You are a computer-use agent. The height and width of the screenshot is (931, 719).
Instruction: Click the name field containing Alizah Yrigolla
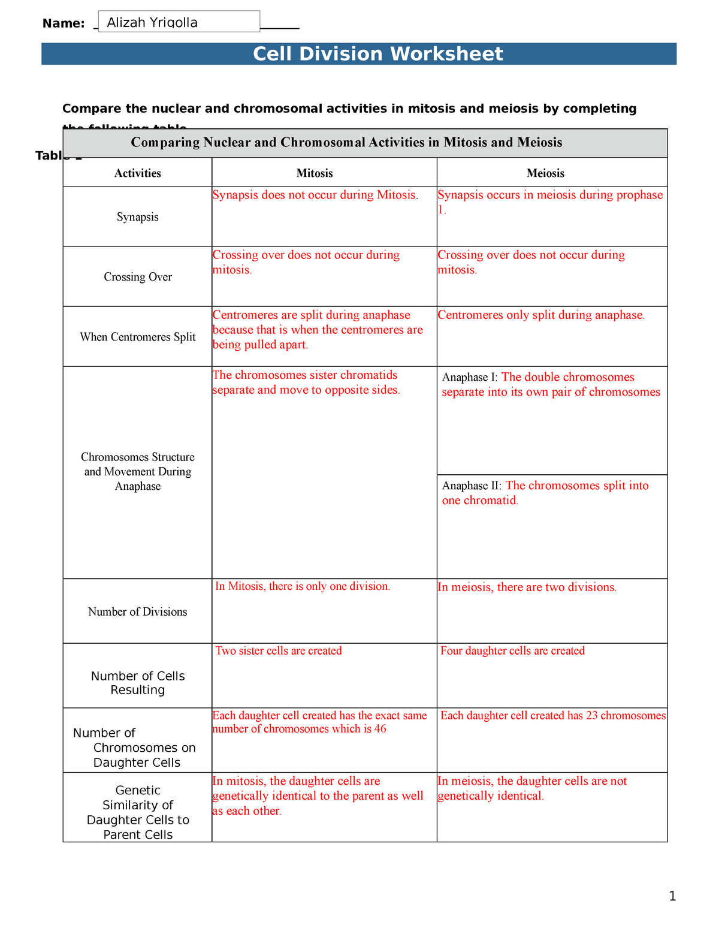[x=179, y=22]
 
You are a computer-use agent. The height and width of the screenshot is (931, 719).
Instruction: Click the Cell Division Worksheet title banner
[x=377, y=54]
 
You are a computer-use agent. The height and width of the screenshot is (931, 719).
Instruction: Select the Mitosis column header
[x=315, y=173]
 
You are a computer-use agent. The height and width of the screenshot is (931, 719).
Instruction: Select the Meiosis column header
[x=545, y=173]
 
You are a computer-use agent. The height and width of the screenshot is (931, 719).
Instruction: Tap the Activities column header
[x=138, y=173]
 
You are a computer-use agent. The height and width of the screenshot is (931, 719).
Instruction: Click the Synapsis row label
[x=138, y=217]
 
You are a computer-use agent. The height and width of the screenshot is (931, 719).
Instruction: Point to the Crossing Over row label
[x=138, y=277]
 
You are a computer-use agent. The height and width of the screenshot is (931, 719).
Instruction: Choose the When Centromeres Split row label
[x=138, y=337]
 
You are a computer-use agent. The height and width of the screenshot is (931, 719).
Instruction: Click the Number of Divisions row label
[x=138, y=611]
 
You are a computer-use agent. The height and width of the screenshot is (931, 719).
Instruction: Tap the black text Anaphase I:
[x=470, y=378]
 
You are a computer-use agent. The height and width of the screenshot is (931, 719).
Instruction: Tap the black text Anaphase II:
[x=472, y=486]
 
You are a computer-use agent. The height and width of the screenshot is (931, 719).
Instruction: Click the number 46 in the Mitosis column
[x=380, y=729]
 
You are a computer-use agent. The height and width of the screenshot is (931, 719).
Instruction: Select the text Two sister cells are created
[x=279, y=651]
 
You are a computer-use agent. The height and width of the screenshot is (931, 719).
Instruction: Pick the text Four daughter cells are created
[x=512, y=651]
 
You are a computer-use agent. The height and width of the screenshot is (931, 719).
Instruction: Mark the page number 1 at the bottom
[x=672, y=897]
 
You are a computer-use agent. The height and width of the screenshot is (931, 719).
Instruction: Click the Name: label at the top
[x=64, y=23]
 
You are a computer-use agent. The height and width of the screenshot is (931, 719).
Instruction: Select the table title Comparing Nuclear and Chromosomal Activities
[x=346, y=143]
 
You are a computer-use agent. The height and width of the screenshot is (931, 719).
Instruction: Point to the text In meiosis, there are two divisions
[x=527, y=587]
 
